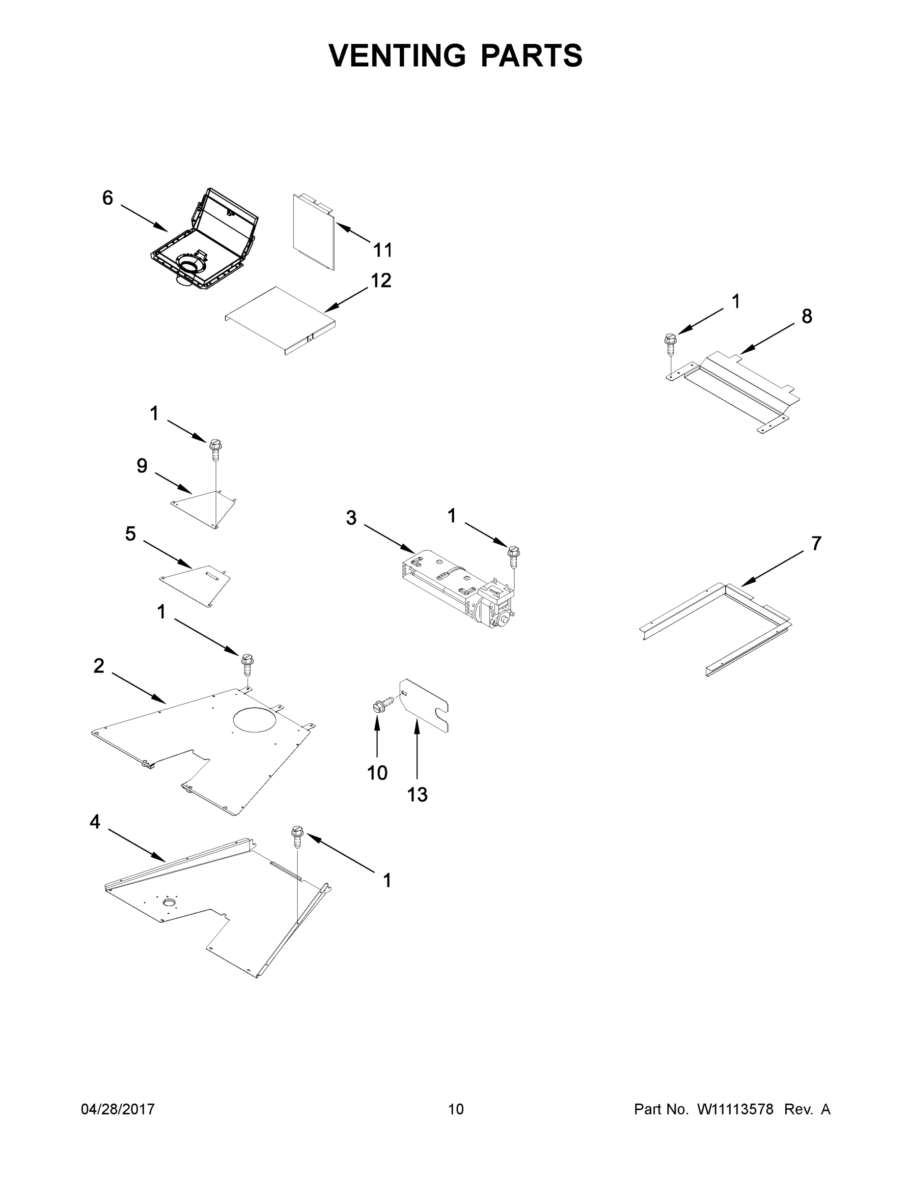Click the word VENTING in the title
[397, 56]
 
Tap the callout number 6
[108, 198]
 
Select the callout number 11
[383, 250]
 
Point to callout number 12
[381, 280]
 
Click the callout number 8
[806, 316]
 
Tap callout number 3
[351, 518]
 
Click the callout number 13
[417, 795]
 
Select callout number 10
[377, 773]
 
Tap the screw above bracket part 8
[670, 343]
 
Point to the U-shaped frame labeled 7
[718, 626]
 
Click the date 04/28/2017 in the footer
[118, 1109]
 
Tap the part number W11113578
[735, 1109]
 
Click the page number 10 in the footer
[456, 1109]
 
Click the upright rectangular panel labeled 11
[314, 232]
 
